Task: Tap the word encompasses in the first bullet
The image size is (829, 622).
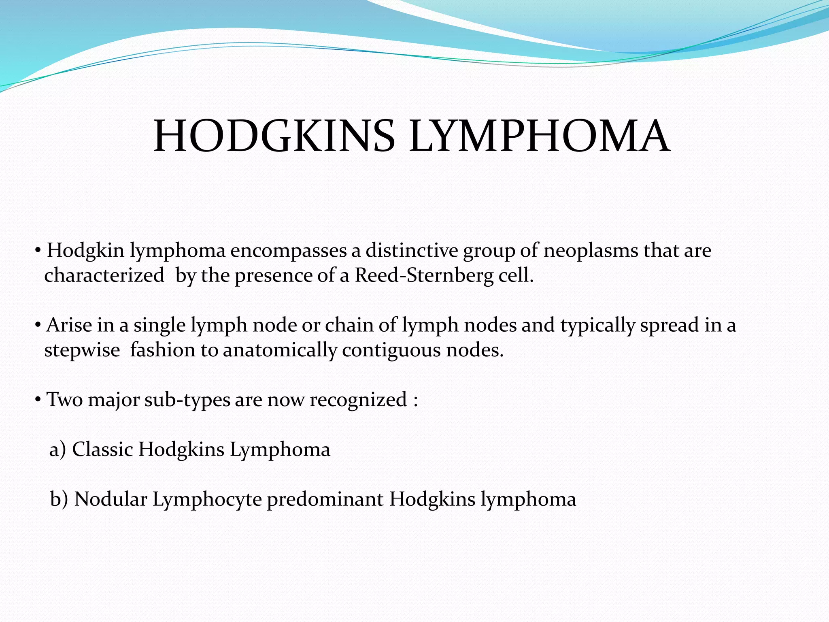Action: pyautogui.click(x=289, y=251)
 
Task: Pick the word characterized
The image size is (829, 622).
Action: pyautogui.click(x=104, y=276)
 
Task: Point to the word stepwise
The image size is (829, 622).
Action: pyautogui.click(x=82, y=351)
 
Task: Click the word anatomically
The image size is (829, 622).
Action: pyautogui.click(x=280, y=351)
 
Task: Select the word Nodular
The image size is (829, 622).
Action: pyautogui.click(x=111, y=499)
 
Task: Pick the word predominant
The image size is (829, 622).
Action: pyautogui.click(x=325, y=499)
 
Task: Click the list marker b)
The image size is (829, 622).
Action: pyautogui.click(x=59, y=499)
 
